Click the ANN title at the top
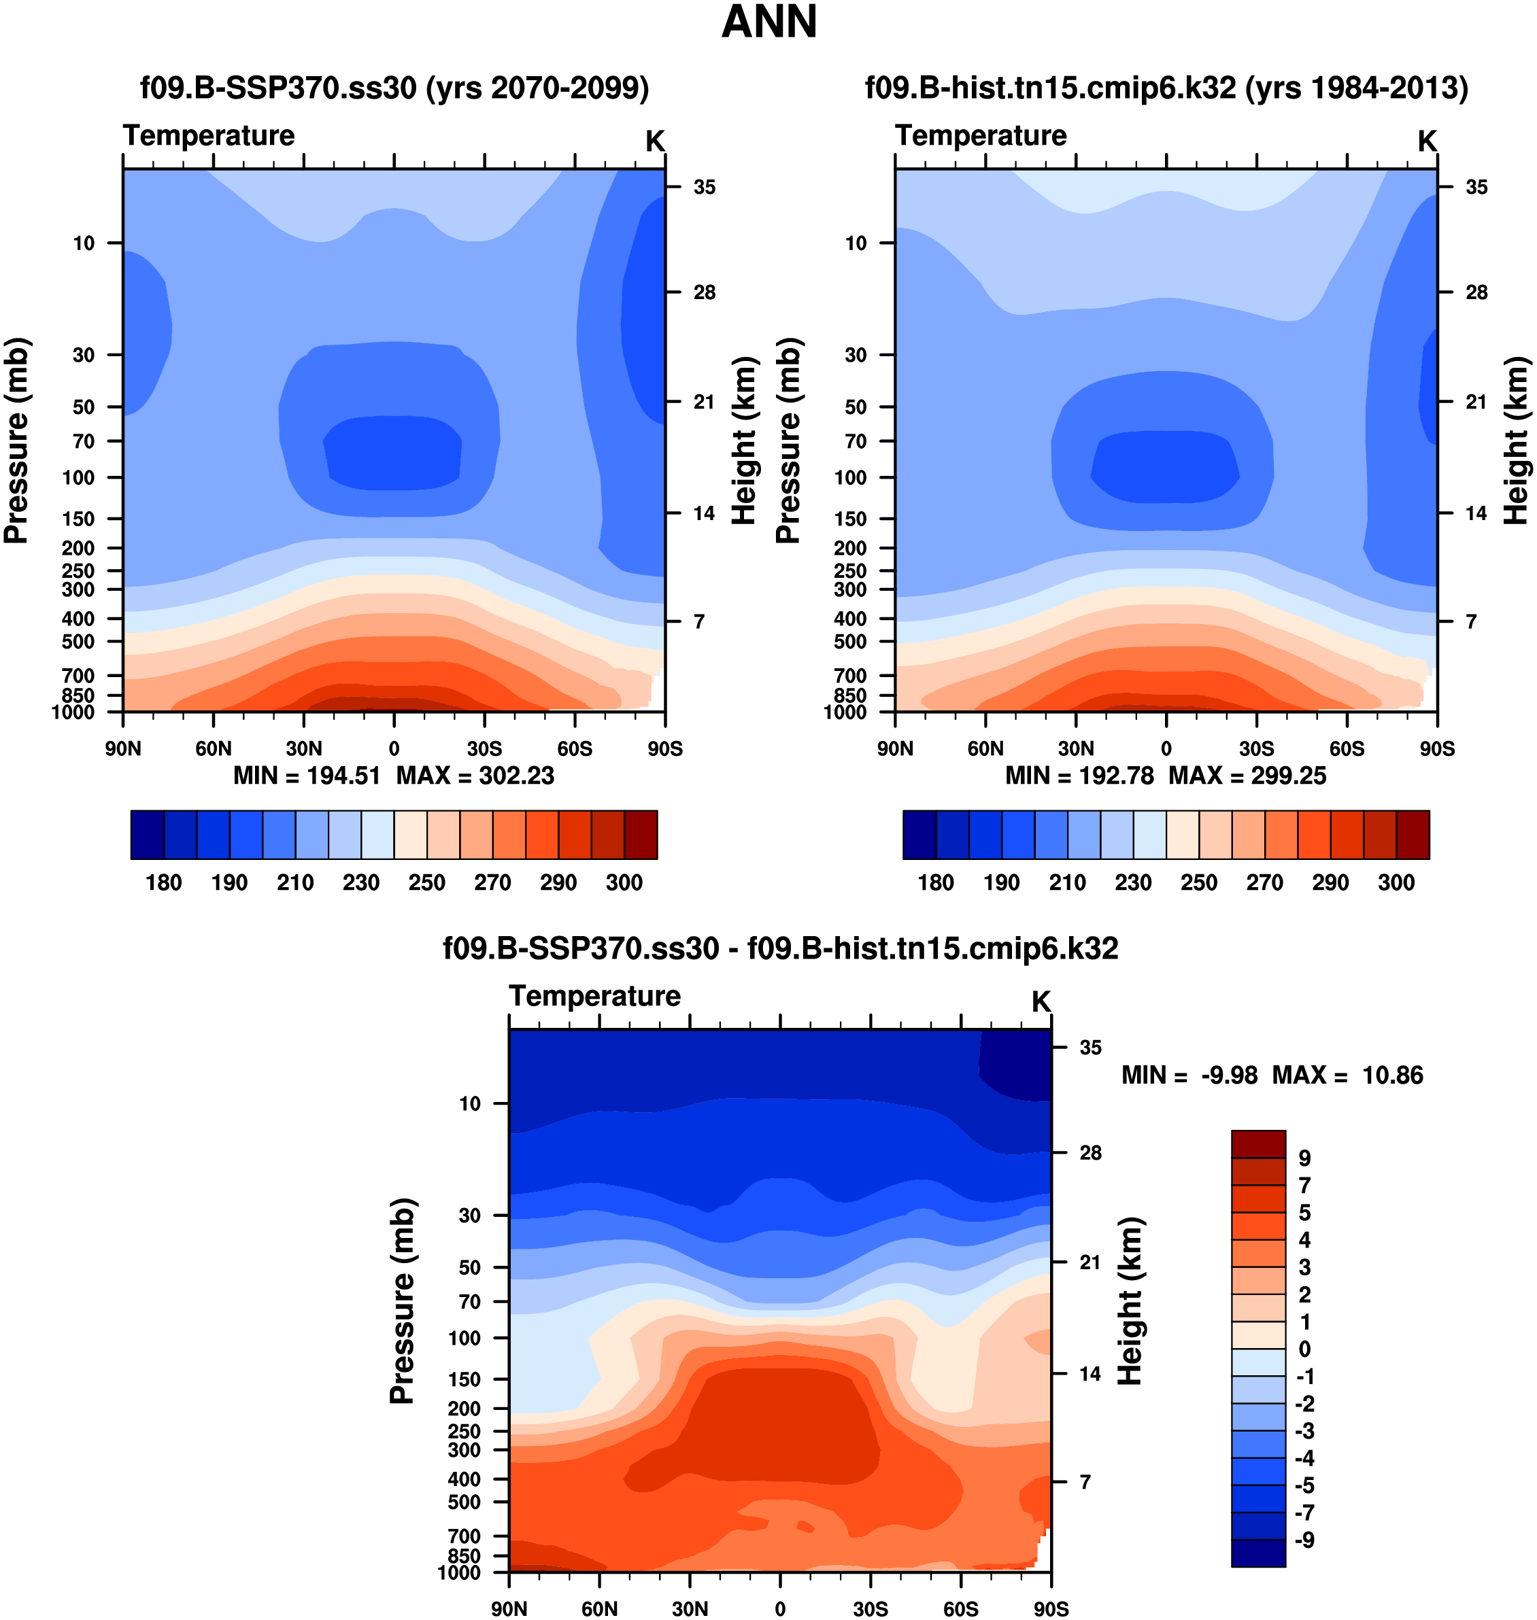coord(768,22)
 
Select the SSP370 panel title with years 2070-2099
coord(394,88)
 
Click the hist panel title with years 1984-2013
coord(1166,88)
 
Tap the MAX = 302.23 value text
coord(475,776)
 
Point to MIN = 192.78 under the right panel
coord(1079,776)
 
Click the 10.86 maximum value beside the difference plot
coord(1392,1075)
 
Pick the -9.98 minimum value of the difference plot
coord(1229,1075)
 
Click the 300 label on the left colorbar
coord(624,883)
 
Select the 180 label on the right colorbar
coord(936,883)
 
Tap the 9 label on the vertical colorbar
coord(1304,1159)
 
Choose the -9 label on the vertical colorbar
coord(1304,1540)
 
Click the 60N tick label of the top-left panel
coord(213,748)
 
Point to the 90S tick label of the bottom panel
coord(1050,1609)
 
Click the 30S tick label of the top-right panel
coord(1256,748)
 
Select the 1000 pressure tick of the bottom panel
coord(459,1572)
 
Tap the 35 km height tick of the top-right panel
coord(1476,188)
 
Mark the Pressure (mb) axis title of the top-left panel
coord(16,441)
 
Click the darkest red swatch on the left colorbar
coord(641,835)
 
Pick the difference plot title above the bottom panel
coord(780,948)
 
